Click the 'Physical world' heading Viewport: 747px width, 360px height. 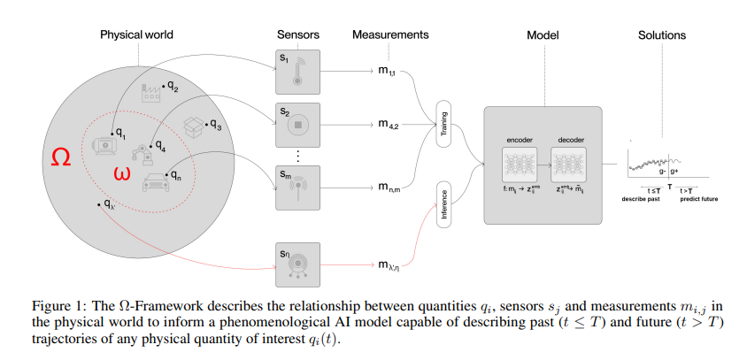[x=136, y=35]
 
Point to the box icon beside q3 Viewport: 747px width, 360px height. [x=194, y=127]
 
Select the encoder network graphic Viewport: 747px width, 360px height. [x=519, y=165]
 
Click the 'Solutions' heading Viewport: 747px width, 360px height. [x=662, y=35]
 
